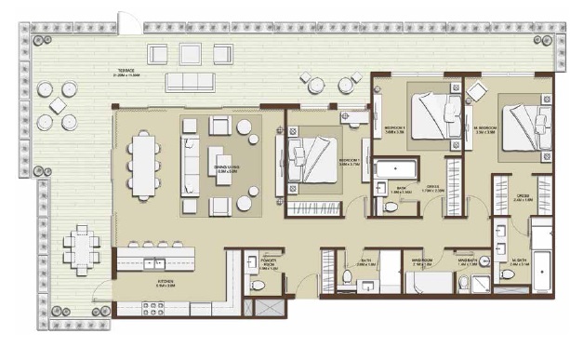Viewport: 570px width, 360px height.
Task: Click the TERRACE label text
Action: [126, 72]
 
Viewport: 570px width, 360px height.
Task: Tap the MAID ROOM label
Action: [423, 263]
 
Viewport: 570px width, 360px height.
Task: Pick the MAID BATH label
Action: [465, 263]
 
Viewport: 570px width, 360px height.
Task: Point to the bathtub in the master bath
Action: [542, 244]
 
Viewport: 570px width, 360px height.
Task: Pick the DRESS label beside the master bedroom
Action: [524, 197]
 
